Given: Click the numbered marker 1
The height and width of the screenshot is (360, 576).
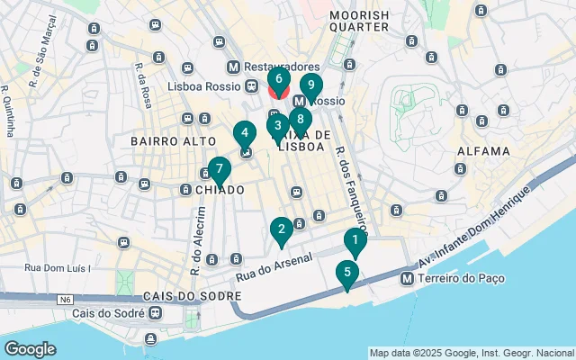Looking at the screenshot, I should point(355,241).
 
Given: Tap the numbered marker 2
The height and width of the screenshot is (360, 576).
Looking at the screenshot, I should point(282,230).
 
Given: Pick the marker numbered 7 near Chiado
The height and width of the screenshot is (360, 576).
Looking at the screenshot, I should point(219,169).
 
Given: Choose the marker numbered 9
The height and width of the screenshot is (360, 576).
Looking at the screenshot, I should point(311,87).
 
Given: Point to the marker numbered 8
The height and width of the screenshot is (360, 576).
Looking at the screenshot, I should point(301,120).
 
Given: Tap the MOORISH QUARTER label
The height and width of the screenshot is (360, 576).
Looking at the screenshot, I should point(359,21).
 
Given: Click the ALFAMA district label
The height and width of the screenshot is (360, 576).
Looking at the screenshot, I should point(484,151).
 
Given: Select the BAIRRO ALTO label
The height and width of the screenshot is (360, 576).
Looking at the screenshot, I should point(174,141).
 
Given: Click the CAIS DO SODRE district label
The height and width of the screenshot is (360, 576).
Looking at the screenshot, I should point(191,295).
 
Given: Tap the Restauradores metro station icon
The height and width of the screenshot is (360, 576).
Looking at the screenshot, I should point(234,67).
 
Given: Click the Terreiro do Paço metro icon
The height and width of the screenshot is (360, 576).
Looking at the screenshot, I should point(408,279).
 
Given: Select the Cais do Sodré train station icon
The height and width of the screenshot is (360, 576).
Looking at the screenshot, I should point(157,312).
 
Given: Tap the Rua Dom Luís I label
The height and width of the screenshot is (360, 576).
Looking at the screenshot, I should point(58,267).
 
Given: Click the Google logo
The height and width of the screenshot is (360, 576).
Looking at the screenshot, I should point(31,348).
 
